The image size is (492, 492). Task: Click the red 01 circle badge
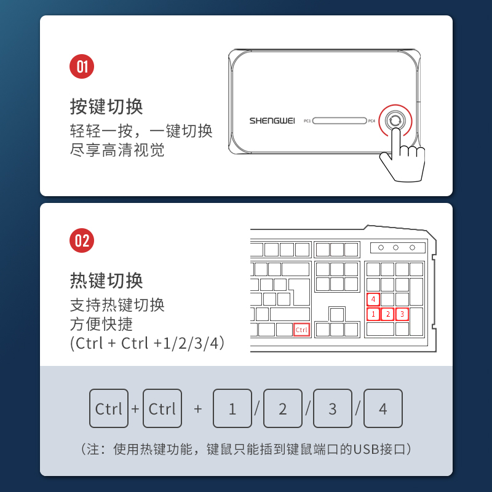(82, 66)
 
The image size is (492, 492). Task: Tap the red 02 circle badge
(82, 240)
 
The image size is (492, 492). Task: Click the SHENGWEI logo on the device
(272, 121)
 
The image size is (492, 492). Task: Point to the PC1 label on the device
(307, 121)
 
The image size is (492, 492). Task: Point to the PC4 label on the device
(371, 121)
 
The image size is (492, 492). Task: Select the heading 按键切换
(106, 106)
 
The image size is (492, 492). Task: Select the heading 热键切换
(106, 280)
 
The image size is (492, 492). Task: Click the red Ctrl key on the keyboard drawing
(301, 330)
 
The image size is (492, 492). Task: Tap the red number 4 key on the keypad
(373, 300)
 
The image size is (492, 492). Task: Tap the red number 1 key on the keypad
(373, 314)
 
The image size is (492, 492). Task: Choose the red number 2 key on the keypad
(388, 314)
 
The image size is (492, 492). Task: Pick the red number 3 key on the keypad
(402, 314)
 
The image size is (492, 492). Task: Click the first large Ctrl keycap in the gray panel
(109, 408)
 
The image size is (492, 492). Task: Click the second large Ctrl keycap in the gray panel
(162, 408)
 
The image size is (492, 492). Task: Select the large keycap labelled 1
(232, 408)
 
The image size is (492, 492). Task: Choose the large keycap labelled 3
(333, 408)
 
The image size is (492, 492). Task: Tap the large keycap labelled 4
(383, 408)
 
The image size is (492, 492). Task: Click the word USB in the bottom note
(366, 449)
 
